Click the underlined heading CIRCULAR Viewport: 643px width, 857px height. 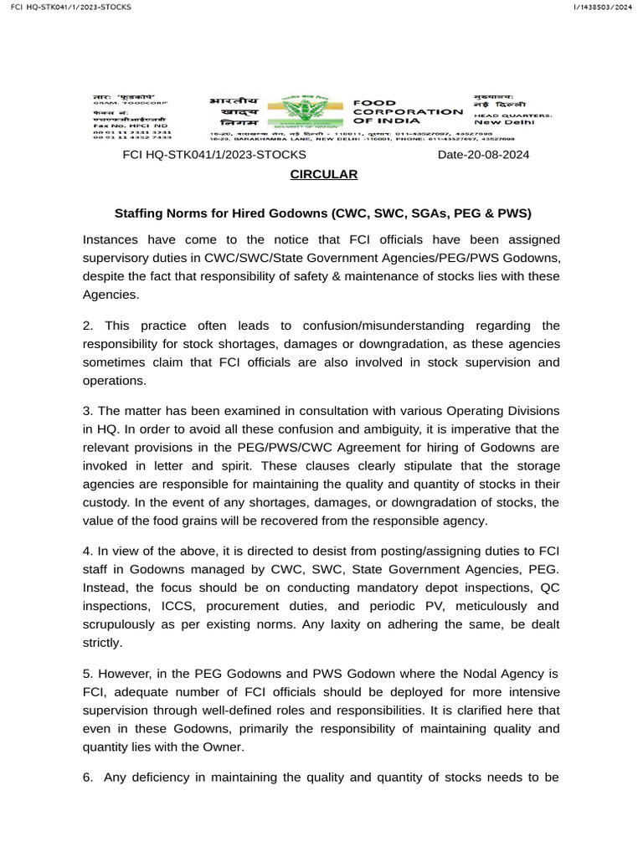323,174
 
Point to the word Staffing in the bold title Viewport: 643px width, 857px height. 138,213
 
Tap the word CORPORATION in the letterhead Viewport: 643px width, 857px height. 407,111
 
